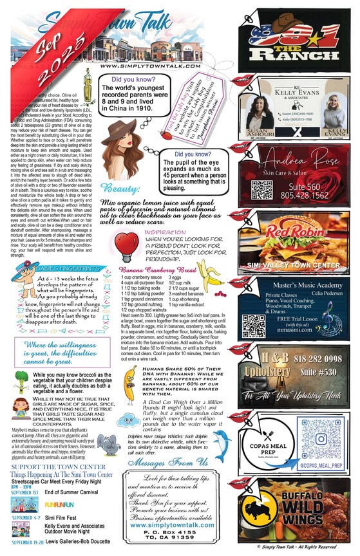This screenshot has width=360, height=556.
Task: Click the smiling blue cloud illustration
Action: pyautogui.click(x=129, y=419)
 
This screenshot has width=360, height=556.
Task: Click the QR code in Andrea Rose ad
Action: pyautogui.click(x=261, y=190)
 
